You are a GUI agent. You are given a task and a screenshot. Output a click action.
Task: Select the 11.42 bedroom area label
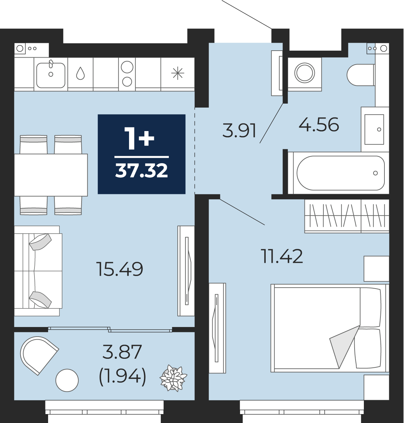click(282, 256)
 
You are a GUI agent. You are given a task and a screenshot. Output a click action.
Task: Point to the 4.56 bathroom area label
click(319, 125)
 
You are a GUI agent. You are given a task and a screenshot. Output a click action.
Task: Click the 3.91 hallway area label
click(239, 131)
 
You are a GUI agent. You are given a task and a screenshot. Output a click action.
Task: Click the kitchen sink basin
click(51, 75)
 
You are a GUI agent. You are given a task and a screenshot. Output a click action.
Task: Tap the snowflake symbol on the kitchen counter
click(178, 73)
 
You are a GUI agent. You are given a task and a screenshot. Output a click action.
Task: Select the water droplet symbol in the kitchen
click(80, 73)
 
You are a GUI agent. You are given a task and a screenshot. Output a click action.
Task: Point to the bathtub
click(341, 173)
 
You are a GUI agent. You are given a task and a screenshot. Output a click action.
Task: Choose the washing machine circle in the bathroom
click(304, 73)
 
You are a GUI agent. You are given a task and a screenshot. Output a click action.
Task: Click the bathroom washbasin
click(374, 129)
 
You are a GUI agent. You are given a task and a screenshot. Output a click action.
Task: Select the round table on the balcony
click(67, 380)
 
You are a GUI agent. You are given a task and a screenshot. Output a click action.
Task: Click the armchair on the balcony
click(39, 355)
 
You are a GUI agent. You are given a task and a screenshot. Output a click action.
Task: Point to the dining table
click(51, 175)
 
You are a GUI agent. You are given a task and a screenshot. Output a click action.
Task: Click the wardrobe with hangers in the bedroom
click(347, 216)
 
